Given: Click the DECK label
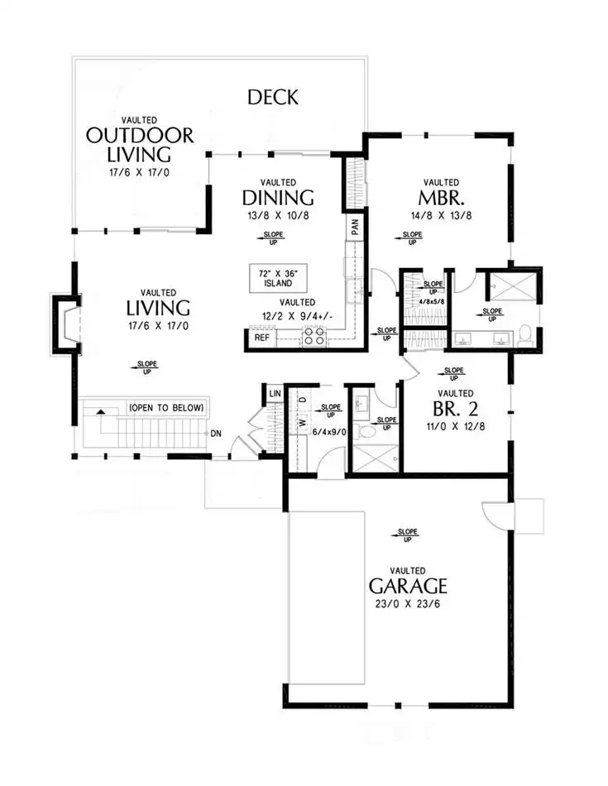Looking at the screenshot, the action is pyautogui.click(x=273, y=98).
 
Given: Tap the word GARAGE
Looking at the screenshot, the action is pyautogui.click(x=408, y=586).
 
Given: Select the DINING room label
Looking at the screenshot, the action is pyautogui.click(x=278, y=198).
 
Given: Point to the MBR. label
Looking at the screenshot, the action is pyautogui.click(x=441, y=198).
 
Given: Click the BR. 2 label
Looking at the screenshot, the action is pyautogui.click(x=455, y=409).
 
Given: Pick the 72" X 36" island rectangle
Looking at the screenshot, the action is pyautogui.click(x=278, y=278).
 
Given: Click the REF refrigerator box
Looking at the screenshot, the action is pyautogui.click(x=262, y=338).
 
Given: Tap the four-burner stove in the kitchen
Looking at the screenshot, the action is pyautogui.click(x=314, y=336).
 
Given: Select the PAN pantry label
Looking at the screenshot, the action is pyautogui.click(x=356, y=227).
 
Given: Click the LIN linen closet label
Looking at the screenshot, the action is pyautogui.click(x=275, y=394).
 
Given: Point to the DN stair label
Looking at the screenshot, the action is pyautogui.click(x=216, y=434).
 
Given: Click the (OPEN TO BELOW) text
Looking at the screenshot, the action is pyautogui.click(x=167, y=408).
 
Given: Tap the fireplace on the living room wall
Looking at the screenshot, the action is pyautogui.click(x=66, y=325).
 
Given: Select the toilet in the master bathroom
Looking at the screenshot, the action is pyautogui.click(x=524, y=335).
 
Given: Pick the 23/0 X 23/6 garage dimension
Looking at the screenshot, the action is pyautogui.click(x=408, y=604).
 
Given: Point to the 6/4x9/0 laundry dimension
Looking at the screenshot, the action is pyautogui.click(x=328, y=432).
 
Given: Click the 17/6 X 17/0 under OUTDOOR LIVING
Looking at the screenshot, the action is pyautogui.click(x=139, y=172).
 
